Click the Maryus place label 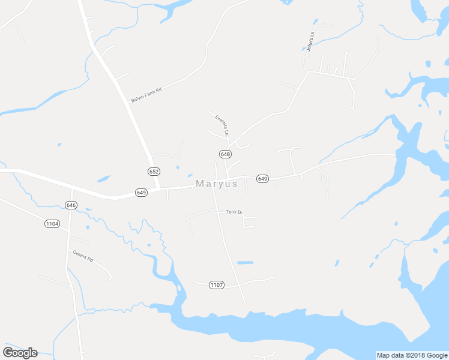pyautogui.click(x=217, y=184)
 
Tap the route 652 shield pyautogui.click(x=154, y=171)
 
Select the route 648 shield pyautogui.click(x=225, y=154)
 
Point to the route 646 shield pyautogui.click(x=71, y=205)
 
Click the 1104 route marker pyautogui.click(x=52, y=224)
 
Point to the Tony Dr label pyautogui.click(x=233, y=212)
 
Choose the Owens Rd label pyautogui.click(x=83, y=256)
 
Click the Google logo pyautogui.click(x=20, y=352)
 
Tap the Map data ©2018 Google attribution pyautogui.click(x=412, y=355)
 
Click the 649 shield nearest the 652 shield pyautogui.click(x=142, y=193)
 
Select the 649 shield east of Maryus pyautogui.click(x=262, y=179)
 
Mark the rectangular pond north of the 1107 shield pyautogui.click(x=245, y=263)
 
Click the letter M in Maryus pyautogui.click(x=200, y=184)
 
